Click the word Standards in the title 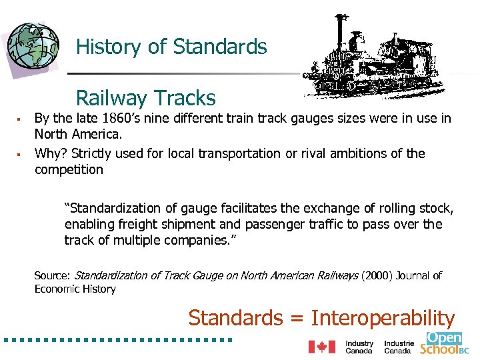(220, 47)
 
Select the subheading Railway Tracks (146, 99)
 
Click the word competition (69, 169)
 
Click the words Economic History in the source (75, 289)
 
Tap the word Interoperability (383, 318)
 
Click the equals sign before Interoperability (296, 319)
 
